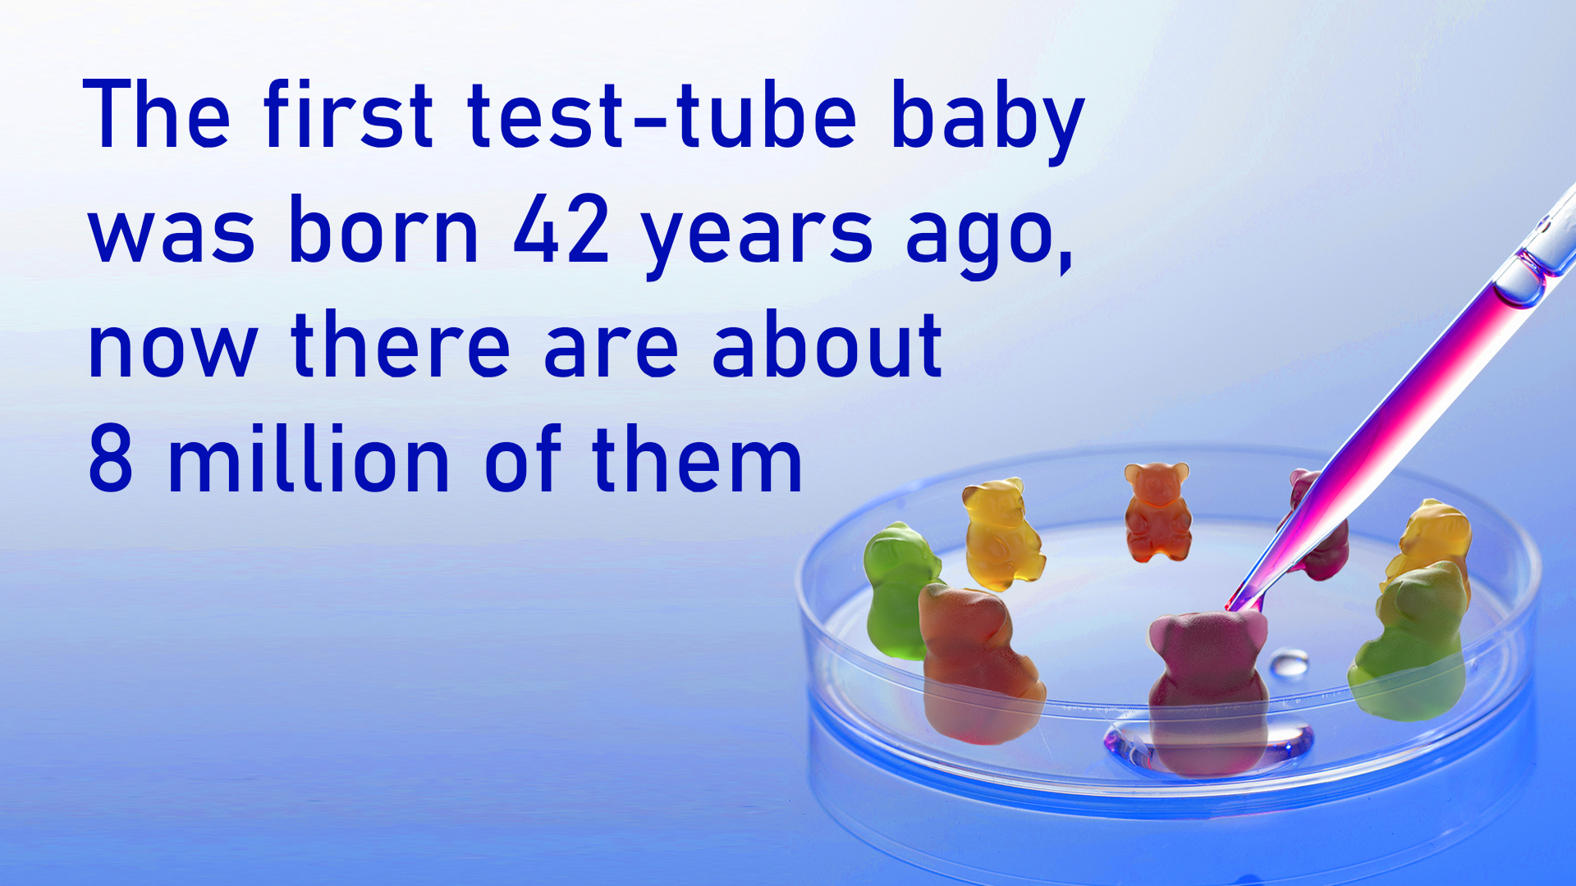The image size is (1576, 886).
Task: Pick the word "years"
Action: (x=757, y=238)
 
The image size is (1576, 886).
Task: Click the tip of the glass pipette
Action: (x=1229, y=608)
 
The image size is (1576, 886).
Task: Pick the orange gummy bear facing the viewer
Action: (x=1157, y=512)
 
